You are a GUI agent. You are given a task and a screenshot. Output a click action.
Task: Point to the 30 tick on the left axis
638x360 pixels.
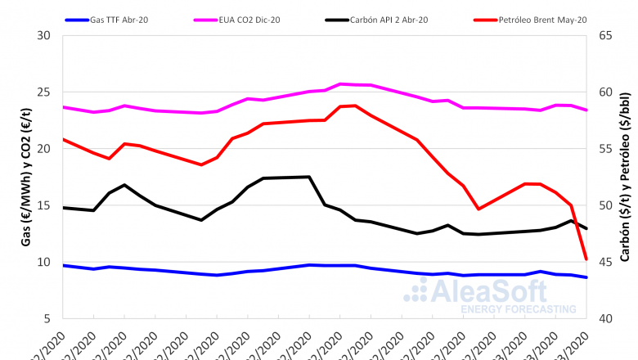pyautogui.click(x=44, y=35)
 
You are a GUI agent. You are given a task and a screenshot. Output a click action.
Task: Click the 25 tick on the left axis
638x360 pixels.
pyautogui.click(x=44, y=92)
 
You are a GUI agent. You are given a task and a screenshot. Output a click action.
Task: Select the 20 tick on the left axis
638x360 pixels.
pyautogui.click(x=44, y=149)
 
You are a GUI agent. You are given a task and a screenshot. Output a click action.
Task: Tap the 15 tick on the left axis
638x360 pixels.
pyautogui.click(x=44, y=205)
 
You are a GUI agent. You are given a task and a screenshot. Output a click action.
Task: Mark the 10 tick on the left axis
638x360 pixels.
pyautogui.click(x=44, y=262)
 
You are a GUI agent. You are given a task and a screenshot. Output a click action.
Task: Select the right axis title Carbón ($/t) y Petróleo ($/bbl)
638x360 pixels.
pyautogui.click(x=625, y=177)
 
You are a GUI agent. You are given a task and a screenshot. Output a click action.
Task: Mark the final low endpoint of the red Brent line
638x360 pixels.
pyautogui.click(x=586, y=259)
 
